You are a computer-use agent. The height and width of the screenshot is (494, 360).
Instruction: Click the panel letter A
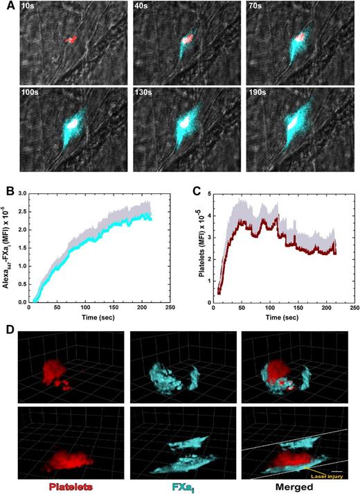pos(6,6)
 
